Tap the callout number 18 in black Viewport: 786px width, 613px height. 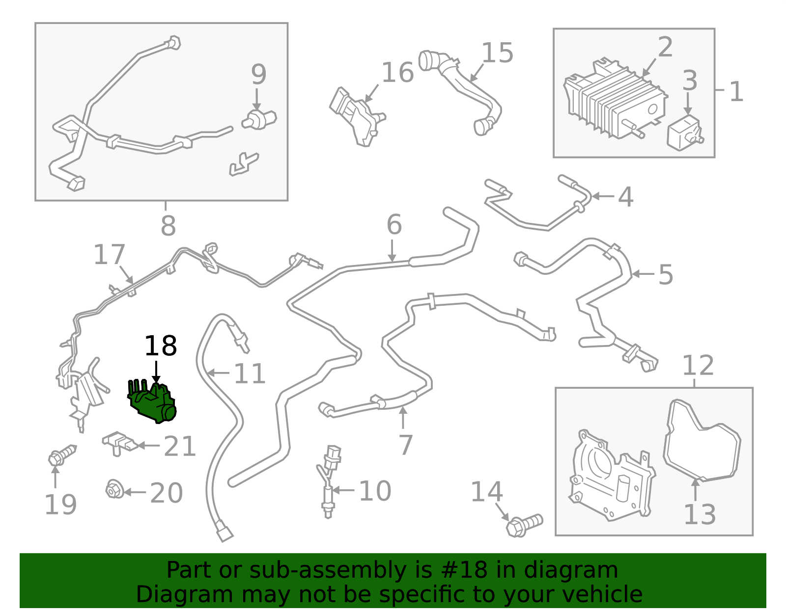tap(160, 346)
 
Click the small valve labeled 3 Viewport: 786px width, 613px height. tap(684, 133)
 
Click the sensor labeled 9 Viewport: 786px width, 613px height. tap(259, 119)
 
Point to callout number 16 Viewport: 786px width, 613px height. tap(397, 73)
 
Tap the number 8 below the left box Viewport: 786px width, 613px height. tap(168, 226)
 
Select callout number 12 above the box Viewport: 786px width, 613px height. tap(698, 366)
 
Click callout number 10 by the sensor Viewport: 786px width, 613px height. tap(375, 491)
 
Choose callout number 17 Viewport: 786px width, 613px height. tap(109, 255)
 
